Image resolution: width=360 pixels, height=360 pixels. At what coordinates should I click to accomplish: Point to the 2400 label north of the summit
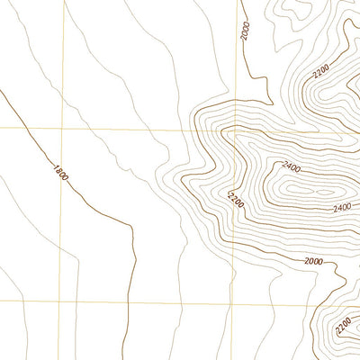[x=292, y=166]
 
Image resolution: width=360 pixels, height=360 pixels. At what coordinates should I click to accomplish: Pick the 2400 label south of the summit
[x=341, y=209]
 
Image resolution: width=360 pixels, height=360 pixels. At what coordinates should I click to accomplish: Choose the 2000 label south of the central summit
[x=312, y=261]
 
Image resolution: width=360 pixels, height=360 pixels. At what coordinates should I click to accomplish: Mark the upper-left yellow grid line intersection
[x=62, y=129]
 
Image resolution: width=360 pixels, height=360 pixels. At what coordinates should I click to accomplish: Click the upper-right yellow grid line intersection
[x=240, y=130]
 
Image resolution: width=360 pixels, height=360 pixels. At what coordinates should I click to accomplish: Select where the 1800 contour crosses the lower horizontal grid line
[x=135, y=300]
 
